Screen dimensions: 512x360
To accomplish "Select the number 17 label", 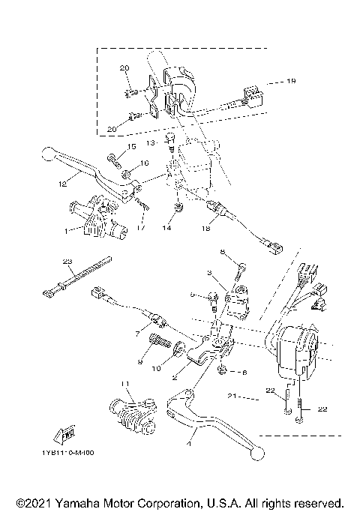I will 139,226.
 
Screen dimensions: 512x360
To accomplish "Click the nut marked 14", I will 178,207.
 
